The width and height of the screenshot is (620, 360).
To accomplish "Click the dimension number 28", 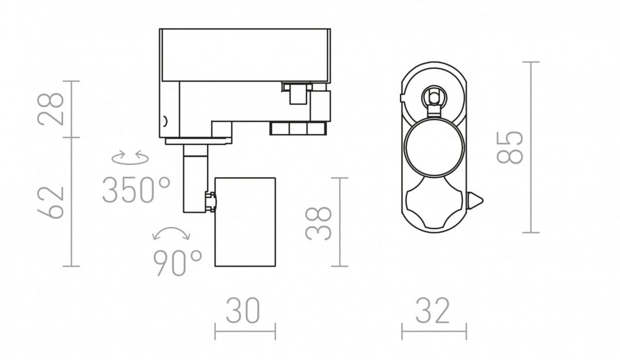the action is pyautogui.click(x=51, y=109).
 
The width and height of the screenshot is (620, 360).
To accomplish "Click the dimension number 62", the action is pyautogui.click(x=51, y=203).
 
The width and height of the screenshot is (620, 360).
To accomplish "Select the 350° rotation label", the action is pyautogui.click(x=136, y=190).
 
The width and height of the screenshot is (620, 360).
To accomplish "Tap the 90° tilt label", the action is pyautogui.click(x=177, y=263).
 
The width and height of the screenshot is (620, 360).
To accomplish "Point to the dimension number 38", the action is pyautogui.click(x=318, y=223).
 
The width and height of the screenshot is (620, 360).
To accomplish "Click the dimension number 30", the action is pyautogui.click(x=243, y=310).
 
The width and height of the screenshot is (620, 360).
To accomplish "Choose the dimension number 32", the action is pyautogui.click(x=432, y=310).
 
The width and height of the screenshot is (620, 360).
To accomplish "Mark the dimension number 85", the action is pyautogui.click(x=510, y=148).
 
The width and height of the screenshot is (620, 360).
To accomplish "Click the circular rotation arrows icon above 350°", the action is pyautogui.click(x=130, y=158).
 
